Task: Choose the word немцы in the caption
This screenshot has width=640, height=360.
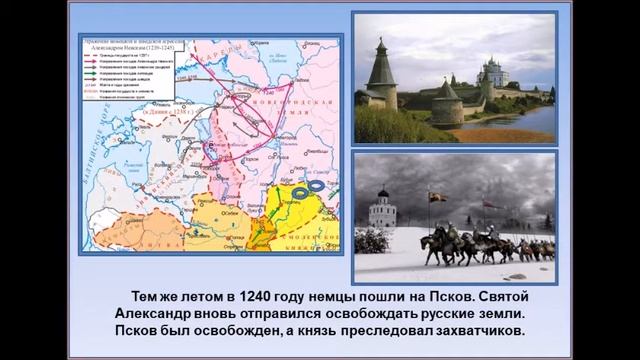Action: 339,296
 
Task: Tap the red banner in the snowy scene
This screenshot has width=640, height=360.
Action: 487,204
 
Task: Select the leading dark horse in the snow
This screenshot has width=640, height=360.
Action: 436,245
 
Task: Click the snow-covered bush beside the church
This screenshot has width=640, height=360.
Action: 372,240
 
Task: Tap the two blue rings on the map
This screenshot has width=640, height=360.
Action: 308,188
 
